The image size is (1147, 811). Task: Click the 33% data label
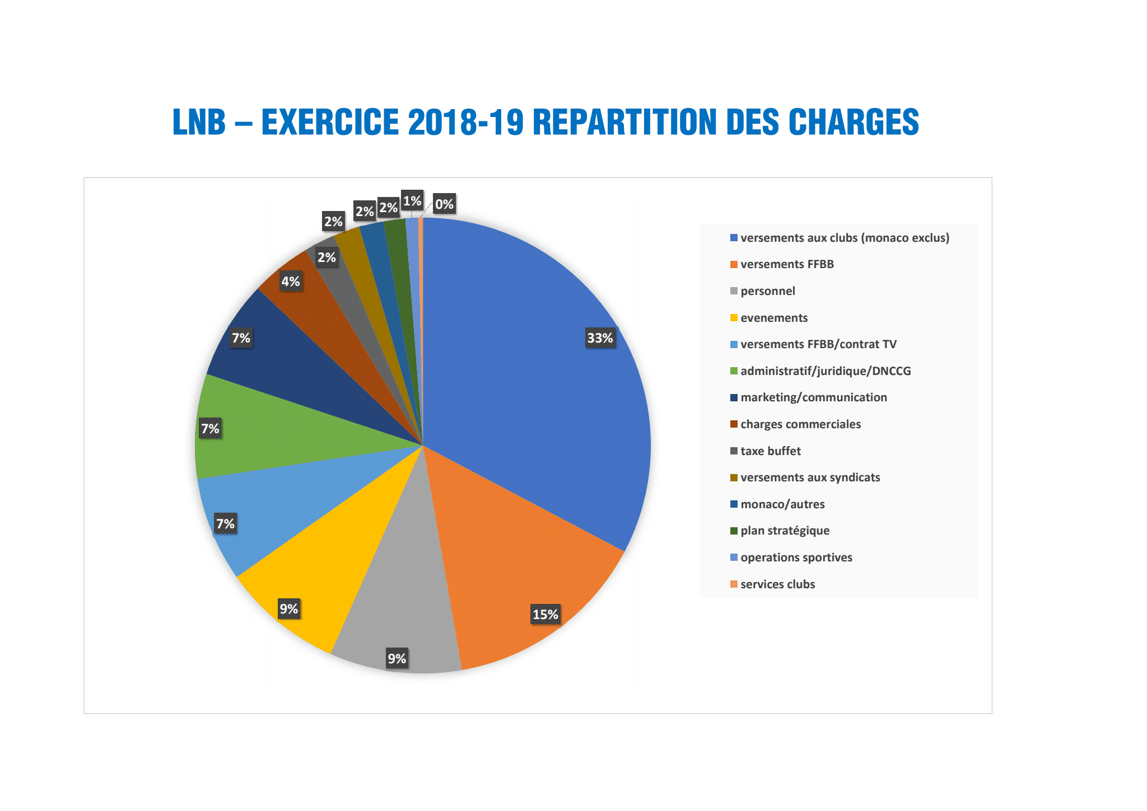pos(600,338)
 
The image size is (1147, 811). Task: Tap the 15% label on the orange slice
pos(545,615)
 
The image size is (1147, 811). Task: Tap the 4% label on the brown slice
pos(291,282)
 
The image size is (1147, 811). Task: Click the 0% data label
pos(444,204)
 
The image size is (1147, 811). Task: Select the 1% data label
pos(412,201)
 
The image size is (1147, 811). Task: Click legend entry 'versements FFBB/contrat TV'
pos(818,344)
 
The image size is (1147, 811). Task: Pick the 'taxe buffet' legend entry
pos(770,451)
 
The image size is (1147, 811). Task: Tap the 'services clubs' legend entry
pos(777,584)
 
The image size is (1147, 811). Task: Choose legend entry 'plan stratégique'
pos(785,531)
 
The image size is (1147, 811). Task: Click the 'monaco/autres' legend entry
pos(782,504)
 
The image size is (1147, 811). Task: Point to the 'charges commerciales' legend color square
pos(734,424)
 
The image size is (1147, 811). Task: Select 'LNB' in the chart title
pos(199,123)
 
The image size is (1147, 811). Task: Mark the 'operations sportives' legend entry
pos(796,557)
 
